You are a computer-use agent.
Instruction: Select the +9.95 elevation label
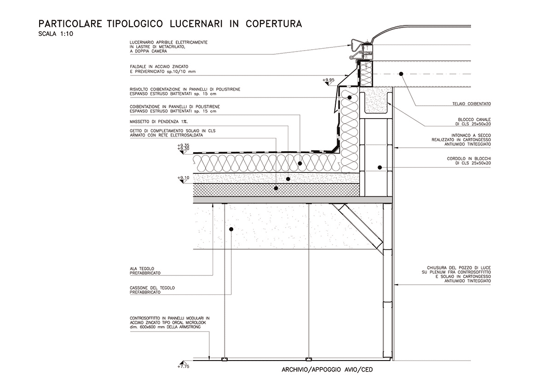pyautogui.click(x=328, y=80)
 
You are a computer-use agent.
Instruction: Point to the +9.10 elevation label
pyautogui.click(x=184, y=178)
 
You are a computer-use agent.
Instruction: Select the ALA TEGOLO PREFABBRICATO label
pyautogui.click(x=145, y=270)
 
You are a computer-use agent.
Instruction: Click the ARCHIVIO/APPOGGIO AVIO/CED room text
pyautogui.click(x=327, y=369)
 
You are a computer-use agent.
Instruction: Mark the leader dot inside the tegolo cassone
pyautogui.click(x=231, y=229)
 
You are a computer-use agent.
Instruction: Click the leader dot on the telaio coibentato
pyautogui.click(x=401, y=73)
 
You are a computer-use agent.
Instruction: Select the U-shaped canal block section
pyautogui.click(x=375, y=104)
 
